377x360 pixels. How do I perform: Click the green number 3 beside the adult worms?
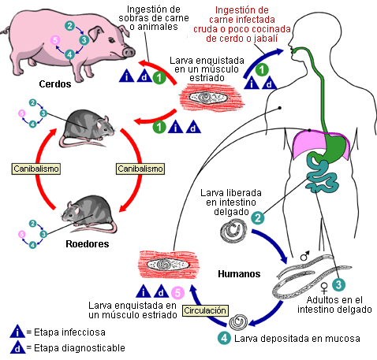[x=338, y=284]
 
